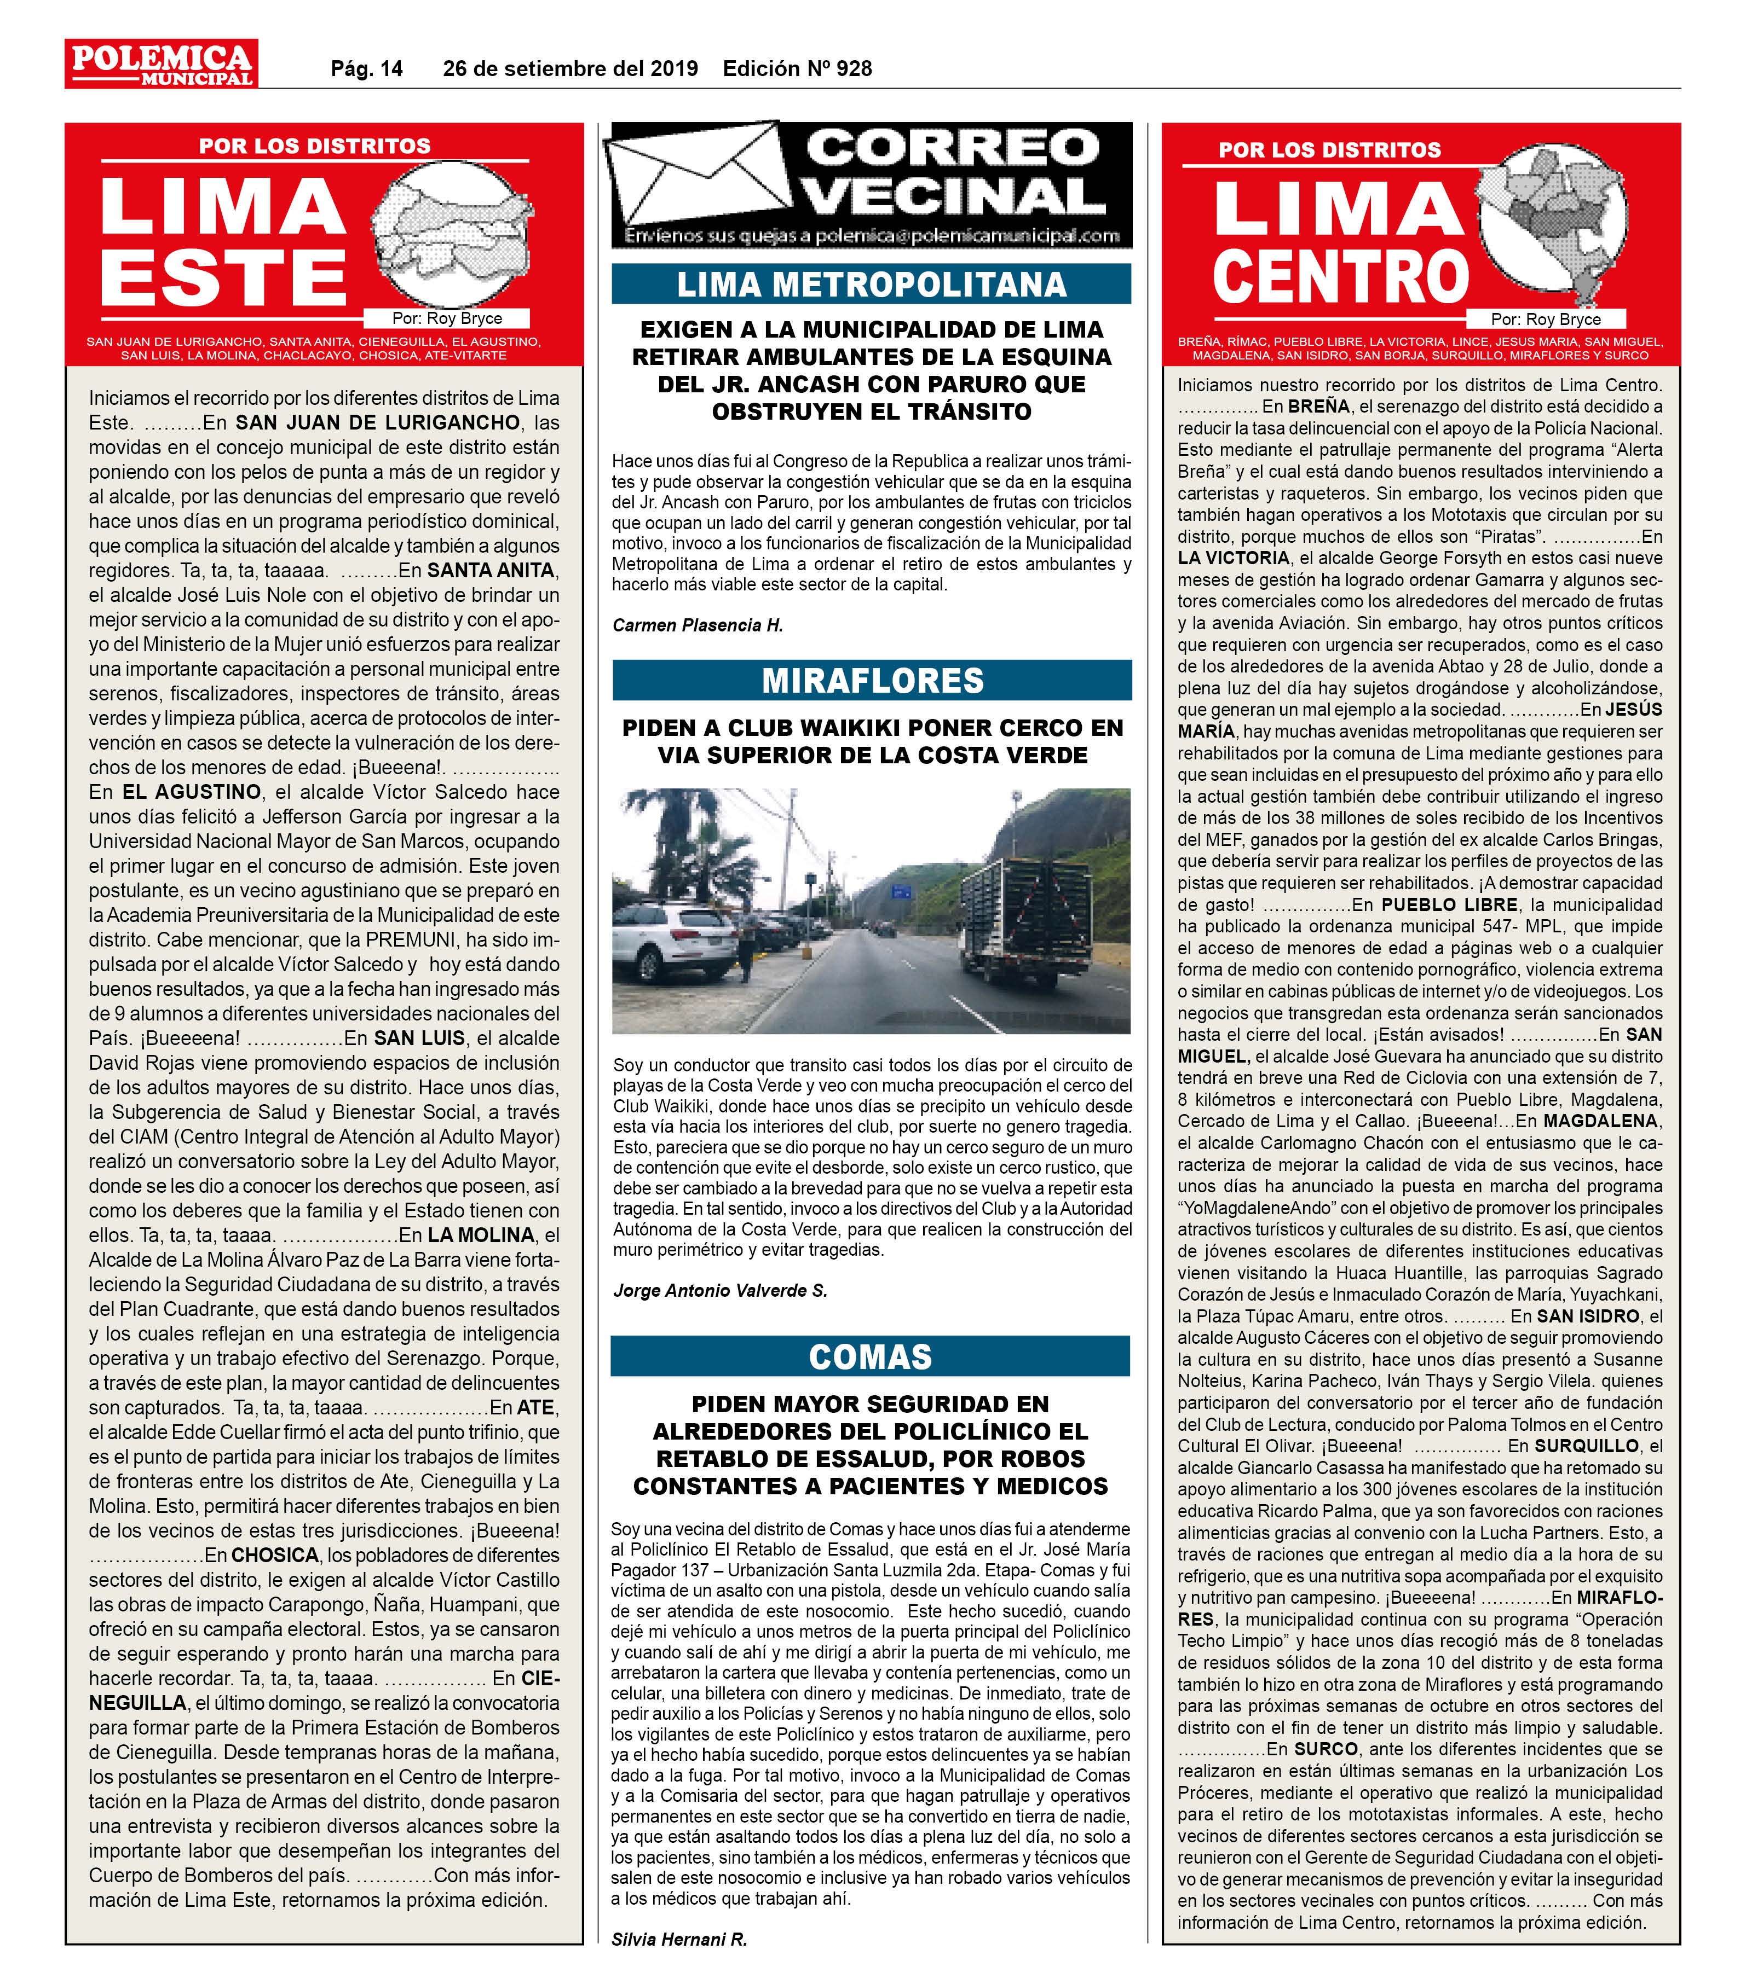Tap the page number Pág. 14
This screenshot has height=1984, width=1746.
(366, 69)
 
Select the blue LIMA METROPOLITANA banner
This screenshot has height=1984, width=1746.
(871, 285)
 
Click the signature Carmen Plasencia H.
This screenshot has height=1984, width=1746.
(697, 625)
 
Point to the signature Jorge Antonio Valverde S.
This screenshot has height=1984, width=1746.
(719, 1290)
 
